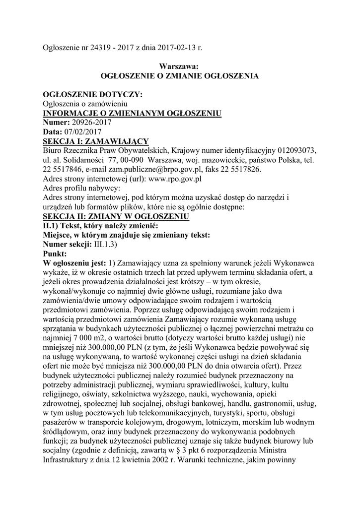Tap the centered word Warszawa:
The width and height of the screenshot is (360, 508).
179,66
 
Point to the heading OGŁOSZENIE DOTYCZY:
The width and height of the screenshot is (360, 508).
93,94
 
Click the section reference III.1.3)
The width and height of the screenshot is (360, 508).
105,245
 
